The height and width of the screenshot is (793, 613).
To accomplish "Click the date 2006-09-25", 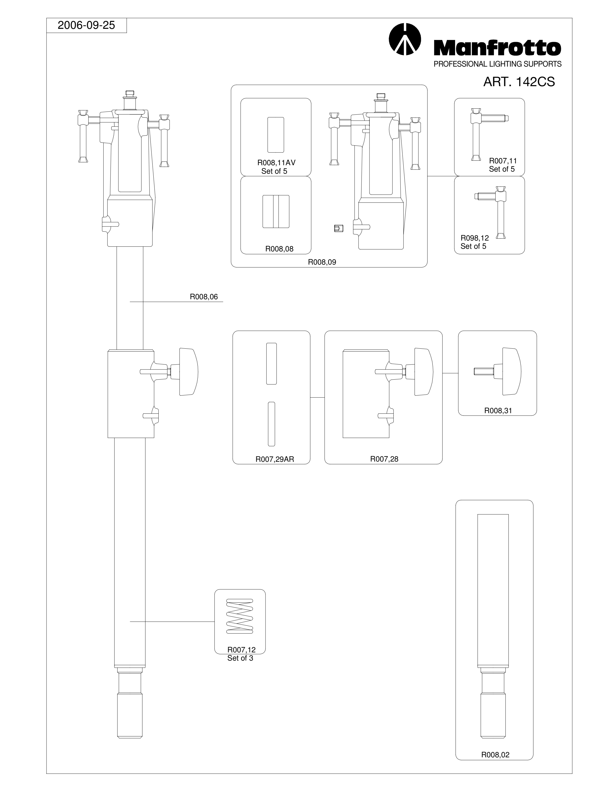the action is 86,25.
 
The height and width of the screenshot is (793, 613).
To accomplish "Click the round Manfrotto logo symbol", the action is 405,39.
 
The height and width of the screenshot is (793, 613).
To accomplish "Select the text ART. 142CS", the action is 519,82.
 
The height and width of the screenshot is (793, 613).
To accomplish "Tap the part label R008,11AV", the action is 276,163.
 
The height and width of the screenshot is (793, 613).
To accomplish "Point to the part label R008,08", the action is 279,249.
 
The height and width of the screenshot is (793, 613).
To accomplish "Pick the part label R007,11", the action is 503,160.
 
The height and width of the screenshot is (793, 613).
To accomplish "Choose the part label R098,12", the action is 475,238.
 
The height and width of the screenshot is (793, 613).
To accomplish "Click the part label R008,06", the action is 204,297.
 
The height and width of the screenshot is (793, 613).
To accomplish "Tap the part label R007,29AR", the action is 275,459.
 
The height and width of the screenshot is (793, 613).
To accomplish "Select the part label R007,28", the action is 384,459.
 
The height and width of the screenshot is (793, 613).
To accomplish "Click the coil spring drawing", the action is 240,616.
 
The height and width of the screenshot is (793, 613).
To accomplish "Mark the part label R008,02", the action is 495,754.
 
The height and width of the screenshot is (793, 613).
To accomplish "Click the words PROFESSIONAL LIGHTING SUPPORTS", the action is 497,64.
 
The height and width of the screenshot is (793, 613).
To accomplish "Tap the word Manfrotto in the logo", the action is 497,48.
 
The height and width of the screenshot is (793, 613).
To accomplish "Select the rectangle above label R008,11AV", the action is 276,135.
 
